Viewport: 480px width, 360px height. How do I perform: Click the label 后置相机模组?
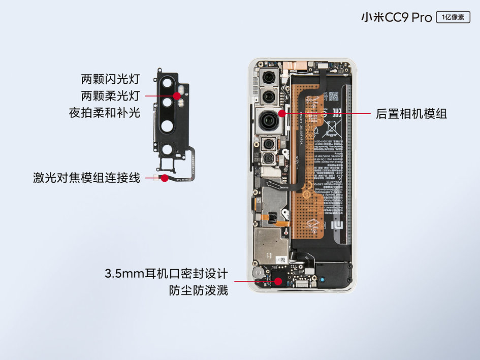coord(411,113)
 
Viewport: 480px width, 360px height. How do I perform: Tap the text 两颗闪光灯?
coord(110,79)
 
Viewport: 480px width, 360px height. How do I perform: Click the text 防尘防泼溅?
coord(198,291)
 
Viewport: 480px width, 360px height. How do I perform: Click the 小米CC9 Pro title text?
coord(396,18)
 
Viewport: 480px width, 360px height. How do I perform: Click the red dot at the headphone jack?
coord(278,281)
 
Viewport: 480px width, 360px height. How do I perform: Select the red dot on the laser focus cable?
coord(164,178)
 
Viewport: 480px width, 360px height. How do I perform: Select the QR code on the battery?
coord(333,96)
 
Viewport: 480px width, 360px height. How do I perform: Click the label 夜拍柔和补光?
coord(104,113)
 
